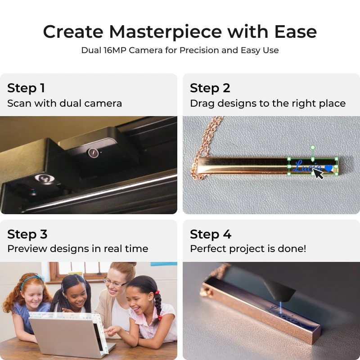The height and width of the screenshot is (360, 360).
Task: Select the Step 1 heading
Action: [x=26, y=88]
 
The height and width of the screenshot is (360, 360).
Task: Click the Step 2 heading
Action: [x=210, y=88]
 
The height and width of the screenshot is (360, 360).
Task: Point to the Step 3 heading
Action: [x=27, y=234]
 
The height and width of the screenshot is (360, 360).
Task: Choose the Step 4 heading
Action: [x=211, y=234]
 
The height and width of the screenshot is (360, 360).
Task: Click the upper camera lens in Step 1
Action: [x=93, y=153]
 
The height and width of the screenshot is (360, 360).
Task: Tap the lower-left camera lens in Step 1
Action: [x=44, y=179]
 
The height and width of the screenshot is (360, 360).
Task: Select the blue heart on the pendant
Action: [x=329, y=168]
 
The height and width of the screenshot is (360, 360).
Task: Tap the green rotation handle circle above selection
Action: [x=313, y=148]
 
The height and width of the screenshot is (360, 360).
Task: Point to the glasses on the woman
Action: [x=115, y=283]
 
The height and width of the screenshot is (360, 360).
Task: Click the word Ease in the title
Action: [x=297, y=32]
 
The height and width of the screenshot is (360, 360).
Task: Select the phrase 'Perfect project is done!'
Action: [x=248, y=248]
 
